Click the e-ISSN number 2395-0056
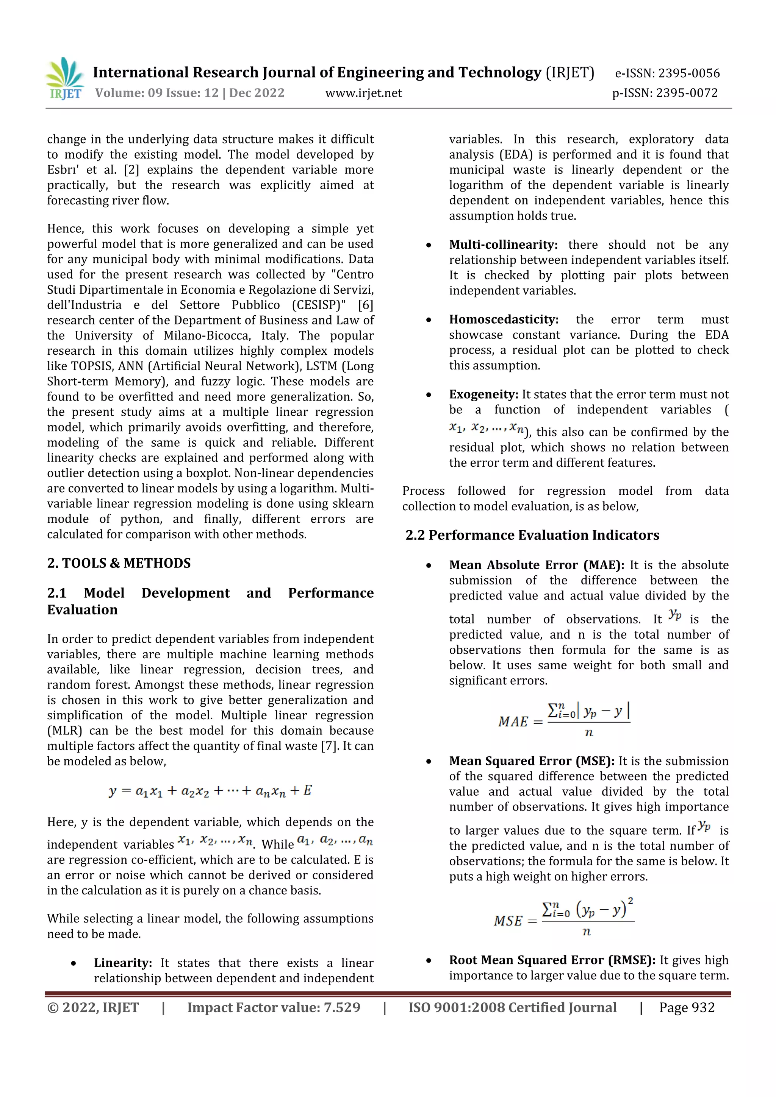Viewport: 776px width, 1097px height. pyautogui.click(x=688, y=73)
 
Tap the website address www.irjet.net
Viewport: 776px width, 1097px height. pyautogui.click(x=363, y=93)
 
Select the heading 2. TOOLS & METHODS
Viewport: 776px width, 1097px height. pyautogui.click(x=119, y=563)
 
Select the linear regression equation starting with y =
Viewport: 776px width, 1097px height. pyautogui.click(x=210, y=791)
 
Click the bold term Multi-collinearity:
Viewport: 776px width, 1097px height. pyautogui.click(x=503, y=245)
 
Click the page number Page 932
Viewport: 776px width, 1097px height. pyautogui.click(x=687, y=1007)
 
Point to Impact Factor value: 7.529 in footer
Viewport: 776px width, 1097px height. pyautogui.click(x=274, y=1007)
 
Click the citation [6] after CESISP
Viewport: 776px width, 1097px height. pyautogui.click(x=365, y=305)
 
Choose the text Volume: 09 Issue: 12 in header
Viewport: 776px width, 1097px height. pyautogui.click(x=156, y=93)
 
